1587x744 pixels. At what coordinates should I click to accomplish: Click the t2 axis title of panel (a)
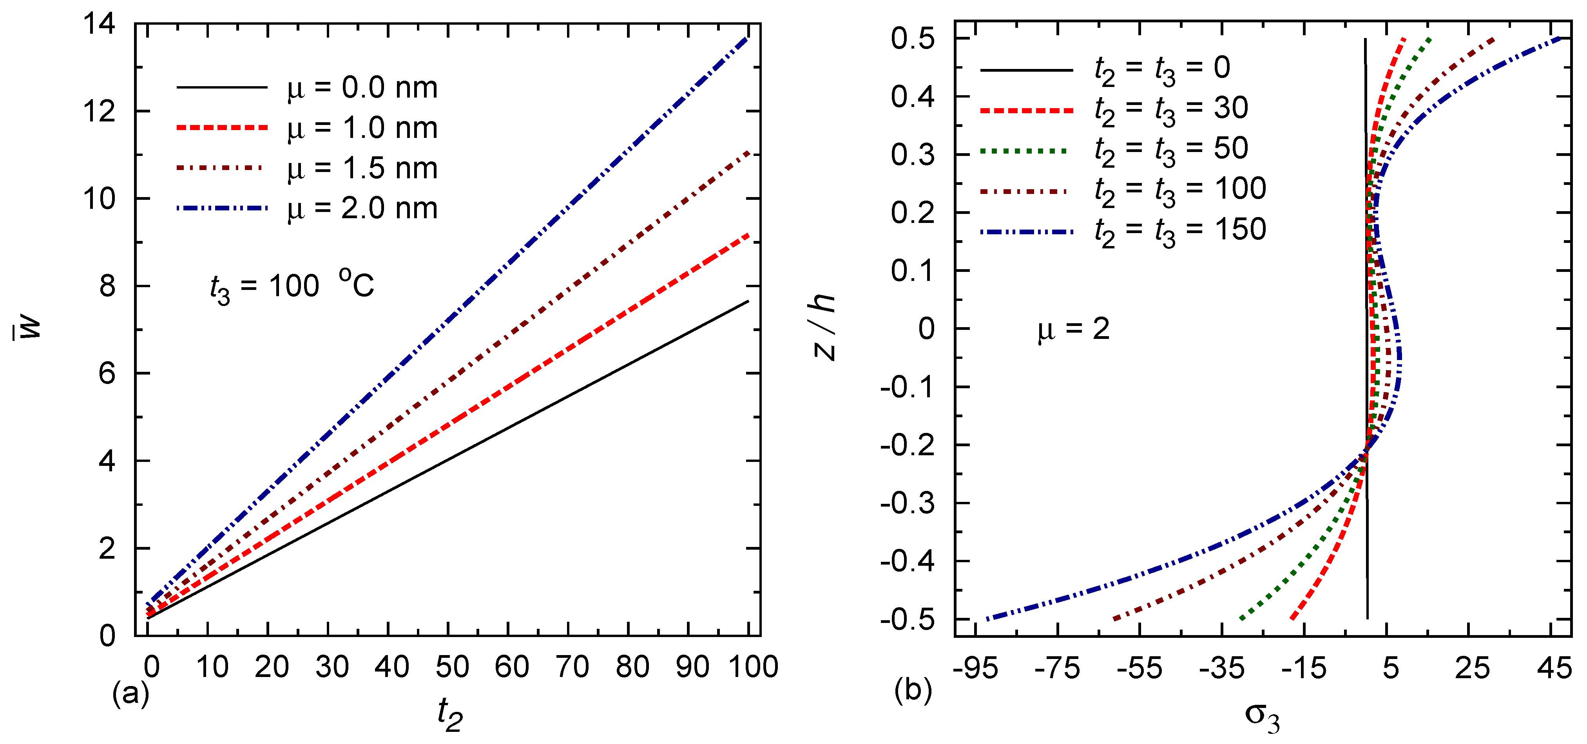450,715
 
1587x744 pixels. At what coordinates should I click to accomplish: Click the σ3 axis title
1262,716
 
